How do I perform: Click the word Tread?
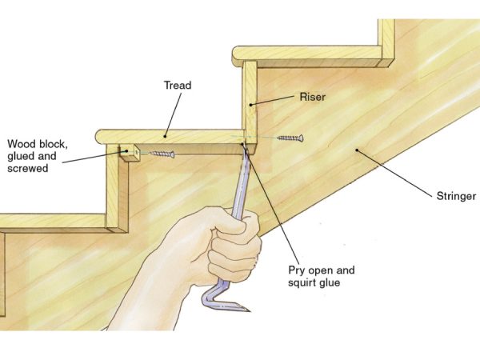(x=178, y=85)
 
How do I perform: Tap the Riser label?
(x=312, y=97)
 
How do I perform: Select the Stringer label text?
(x=456, y=196)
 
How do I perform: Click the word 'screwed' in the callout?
(x=27, y=169)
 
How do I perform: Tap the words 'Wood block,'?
(x=38, y=144)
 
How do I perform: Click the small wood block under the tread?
(x=130, y=152)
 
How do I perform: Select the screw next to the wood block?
(x=162, y=154)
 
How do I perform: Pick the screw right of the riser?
(x=290, y=138)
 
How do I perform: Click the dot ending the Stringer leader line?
(x=357, y=150)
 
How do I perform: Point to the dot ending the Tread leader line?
(x=165, y=136)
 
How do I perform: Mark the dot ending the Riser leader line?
(x=250, y=105)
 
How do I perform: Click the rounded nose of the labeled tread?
(x=100, y=137)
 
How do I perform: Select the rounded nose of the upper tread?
(x=237, y=56)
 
